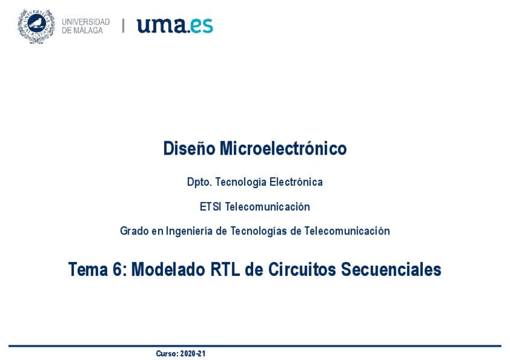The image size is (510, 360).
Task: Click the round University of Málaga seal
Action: click(36, 26)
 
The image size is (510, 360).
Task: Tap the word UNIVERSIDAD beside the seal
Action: click(86, 22)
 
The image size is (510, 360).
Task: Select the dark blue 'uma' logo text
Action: click(162, 25)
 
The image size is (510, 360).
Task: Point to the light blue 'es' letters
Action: click(201, 26)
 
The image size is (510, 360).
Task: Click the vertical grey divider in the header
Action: click(123, 26)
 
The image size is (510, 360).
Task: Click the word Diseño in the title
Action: click(189, 148)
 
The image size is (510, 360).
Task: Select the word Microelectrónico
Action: click(283, 148)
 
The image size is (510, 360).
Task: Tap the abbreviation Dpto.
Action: click(200, 182)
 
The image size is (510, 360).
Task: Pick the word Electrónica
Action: click(296, 182)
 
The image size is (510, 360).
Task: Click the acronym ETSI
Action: click(210, 207)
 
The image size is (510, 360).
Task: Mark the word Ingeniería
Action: click(189, 231)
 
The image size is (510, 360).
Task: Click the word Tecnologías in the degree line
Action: click(259, 231)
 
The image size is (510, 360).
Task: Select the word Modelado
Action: click(168, 269)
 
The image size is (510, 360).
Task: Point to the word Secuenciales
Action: click(391, 269)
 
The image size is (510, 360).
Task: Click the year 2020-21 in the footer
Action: click(193, 353)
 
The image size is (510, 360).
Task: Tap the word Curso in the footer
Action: click(167, 353)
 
